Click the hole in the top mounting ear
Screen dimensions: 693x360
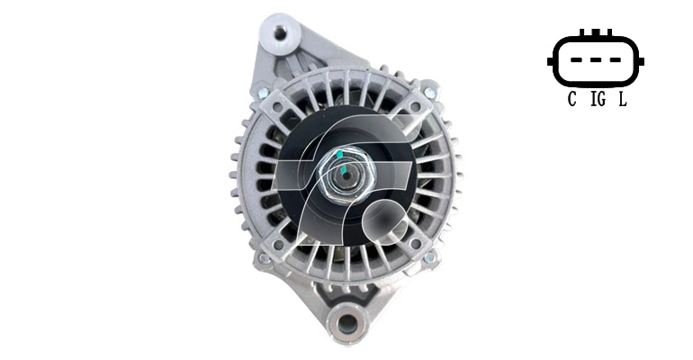pyautogui.click(x=279, y=32)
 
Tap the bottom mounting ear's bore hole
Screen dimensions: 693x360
pyautogui.click(x=347, y=324)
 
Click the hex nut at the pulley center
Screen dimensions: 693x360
pyautogui.click(x=346, y=175)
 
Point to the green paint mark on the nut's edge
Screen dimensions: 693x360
pyautogui.click(x=339, y=154)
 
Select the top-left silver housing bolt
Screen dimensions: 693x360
pyautogui.click(x=263, y=93)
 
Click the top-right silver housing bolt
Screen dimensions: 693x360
pyautogui.click(x=429, y=93)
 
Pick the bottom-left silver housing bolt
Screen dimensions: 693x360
pyautogui.click(x=264, y=258)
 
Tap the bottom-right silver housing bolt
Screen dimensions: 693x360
pyautogui.click(x=429, y=257)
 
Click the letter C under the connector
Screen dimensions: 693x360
pyautogui.click(x=571, y=99)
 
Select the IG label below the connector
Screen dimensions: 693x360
pyautogui.click(x=598, y=99)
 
